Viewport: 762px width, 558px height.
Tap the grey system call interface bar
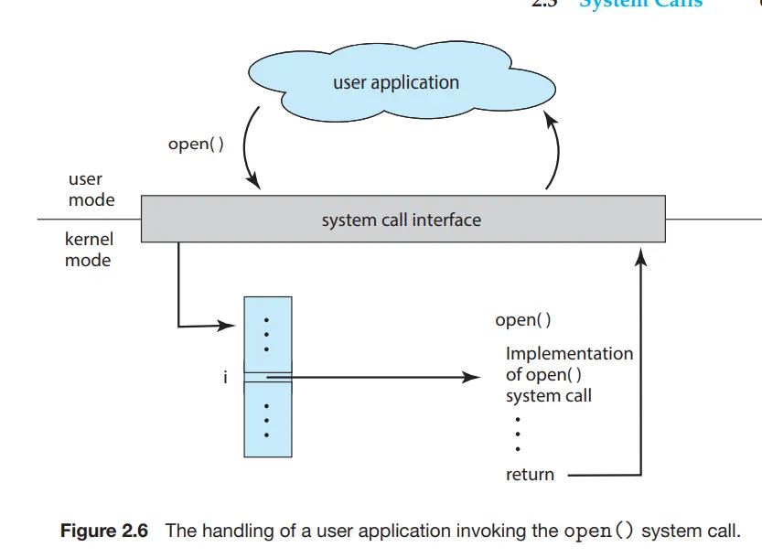402,220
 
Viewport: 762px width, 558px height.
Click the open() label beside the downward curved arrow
196,144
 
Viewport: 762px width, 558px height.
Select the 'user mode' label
91,190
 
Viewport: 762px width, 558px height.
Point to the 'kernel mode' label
89,250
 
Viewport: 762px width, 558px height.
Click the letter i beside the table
225,377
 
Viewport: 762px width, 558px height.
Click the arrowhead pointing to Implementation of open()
472,377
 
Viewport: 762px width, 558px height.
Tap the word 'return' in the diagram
530,475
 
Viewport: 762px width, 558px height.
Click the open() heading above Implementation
522,320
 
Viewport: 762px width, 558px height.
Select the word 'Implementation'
569,353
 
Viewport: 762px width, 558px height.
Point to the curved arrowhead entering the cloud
550,118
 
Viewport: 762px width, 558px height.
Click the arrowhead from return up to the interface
640,258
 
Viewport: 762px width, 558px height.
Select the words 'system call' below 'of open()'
549,396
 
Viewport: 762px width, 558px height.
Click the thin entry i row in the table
267,377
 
